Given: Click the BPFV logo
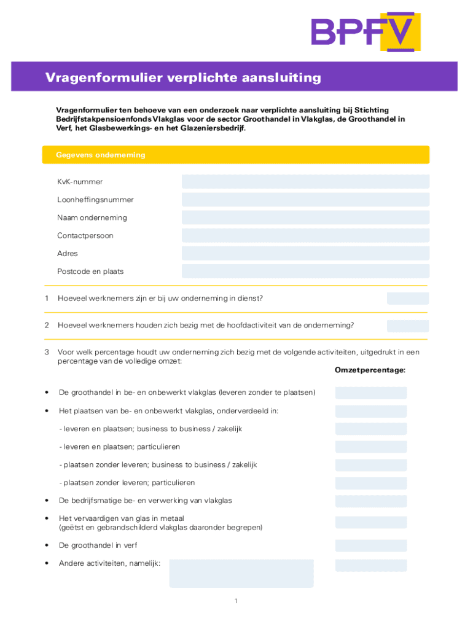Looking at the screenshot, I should pos(365,31).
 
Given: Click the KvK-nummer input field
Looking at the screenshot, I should pos(305,182).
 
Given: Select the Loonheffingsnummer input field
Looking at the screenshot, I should pos(305,200).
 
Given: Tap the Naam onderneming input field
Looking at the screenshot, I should pos(305,217).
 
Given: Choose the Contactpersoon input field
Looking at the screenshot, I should pos(305,235).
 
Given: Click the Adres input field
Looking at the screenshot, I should pos(305,253).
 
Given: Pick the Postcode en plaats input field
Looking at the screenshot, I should pos(305,271).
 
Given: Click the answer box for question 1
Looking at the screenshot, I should pos(407,299).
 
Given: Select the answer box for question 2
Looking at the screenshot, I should pos(407,326).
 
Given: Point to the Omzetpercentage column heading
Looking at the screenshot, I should pos(370,370).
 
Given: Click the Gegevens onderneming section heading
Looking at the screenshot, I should pos(101,155).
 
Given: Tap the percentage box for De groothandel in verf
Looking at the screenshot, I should pos(370,545).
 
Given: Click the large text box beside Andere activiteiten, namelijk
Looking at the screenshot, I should pos(241,573).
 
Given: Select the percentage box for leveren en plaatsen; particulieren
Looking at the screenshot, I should pos(370,447).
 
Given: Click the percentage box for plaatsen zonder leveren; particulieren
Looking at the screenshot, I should pos(370,483).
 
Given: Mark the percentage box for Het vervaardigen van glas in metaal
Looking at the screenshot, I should pos(370,522).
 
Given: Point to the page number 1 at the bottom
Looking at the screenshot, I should pos(235,601).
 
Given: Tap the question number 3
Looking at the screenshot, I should pos(47,352).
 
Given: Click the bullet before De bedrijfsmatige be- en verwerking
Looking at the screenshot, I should pos(47,501).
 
